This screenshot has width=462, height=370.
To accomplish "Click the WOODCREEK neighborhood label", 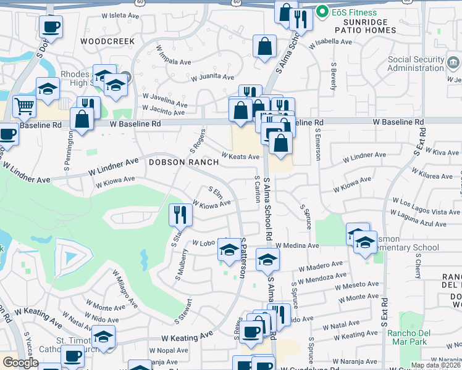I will tap(107, 41).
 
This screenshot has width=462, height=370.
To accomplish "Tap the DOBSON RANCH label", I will tap(183, 162).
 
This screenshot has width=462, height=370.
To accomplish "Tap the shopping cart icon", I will tap(24, 106).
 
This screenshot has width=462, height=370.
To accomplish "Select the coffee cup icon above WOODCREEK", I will tap(51, 27).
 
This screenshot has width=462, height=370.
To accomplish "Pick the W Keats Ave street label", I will tap(240, 157).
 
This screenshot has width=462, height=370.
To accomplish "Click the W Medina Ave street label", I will tap(297, 245).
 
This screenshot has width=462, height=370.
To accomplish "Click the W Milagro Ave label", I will tap(125, 287).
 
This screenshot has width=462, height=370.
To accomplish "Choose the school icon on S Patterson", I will tap(229, 250).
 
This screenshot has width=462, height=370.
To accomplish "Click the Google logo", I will tap(20, 363).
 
